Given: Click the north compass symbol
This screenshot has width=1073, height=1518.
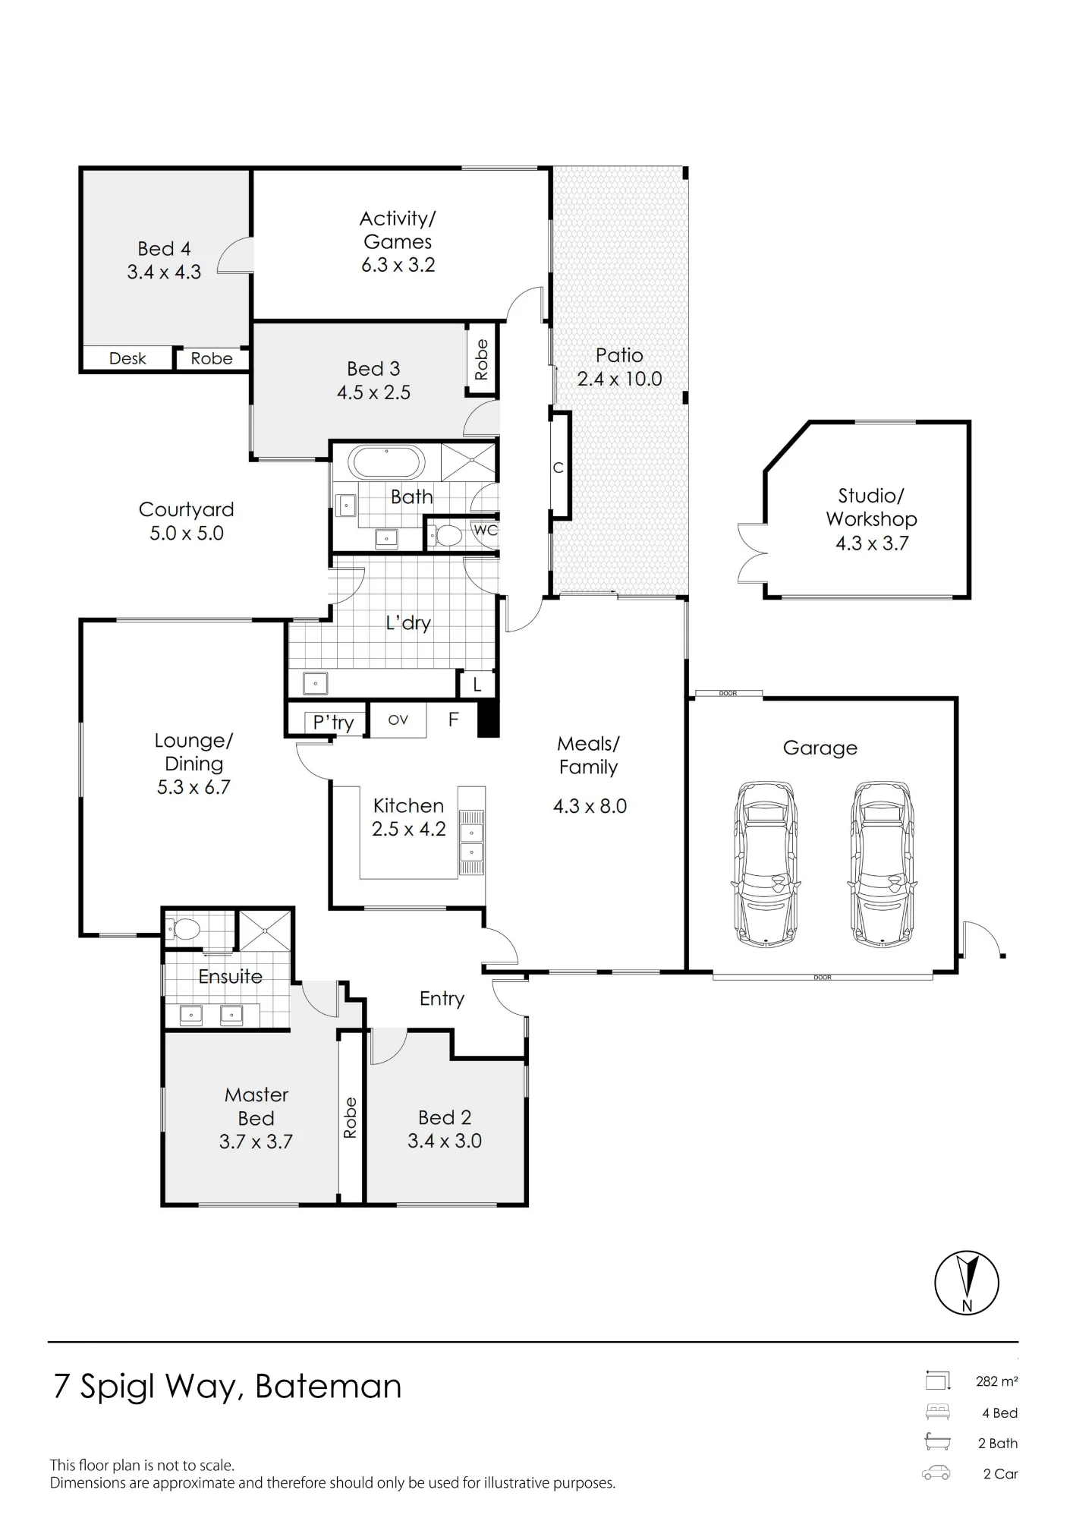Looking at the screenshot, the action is pyautogui.click(x=967, y=1283).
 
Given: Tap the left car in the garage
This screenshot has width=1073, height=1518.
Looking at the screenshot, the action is pyautogui.click(x=766, y=864).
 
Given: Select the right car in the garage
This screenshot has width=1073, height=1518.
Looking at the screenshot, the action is pyautogui.click(x=883, y=864).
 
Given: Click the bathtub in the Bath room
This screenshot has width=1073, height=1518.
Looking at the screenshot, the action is pyautogui.click(x=386, y=462).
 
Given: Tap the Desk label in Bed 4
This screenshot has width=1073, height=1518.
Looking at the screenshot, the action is pyautogui.click(x=127, y=358).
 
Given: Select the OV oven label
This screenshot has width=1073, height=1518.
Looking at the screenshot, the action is pyautogui.click(x=398, y=720).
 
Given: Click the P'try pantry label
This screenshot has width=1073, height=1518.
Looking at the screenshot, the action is pyautogui.click(x=334, y=723).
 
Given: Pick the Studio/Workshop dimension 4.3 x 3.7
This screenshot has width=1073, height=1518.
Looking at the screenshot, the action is pyautogui.click(x=872, y=543).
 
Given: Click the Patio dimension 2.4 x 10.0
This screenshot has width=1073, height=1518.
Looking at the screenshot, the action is pyautogui.click(x=620, y=379).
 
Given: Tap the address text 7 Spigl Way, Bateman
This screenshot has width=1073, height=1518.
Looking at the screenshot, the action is pyautogui.click(x=227, y=1387).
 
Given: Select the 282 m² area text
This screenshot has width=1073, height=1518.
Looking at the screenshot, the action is pyautogui.click(x=997, y=1381).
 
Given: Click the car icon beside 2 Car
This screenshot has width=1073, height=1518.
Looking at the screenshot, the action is pyautogui.click(x=936, y=1473).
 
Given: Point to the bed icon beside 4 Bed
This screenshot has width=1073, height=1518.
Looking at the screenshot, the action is pyautogui.click(x=937, y=1412).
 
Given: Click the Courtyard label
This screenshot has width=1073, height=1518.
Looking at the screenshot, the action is pyautogui.click(x=187, y=510).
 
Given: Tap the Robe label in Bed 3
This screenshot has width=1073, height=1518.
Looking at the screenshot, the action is pyautogui.click(x=481, y=359).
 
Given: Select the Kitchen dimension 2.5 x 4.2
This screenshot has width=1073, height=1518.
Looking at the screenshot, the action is pyautogui.click(x=409, y=830).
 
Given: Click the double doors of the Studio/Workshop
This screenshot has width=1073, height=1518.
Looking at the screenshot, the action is pyautogui.click(x=751, y=553).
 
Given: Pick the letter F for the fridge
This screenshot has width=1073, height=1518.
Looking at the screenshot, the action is pyautogui.click(x=454, y=719).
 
